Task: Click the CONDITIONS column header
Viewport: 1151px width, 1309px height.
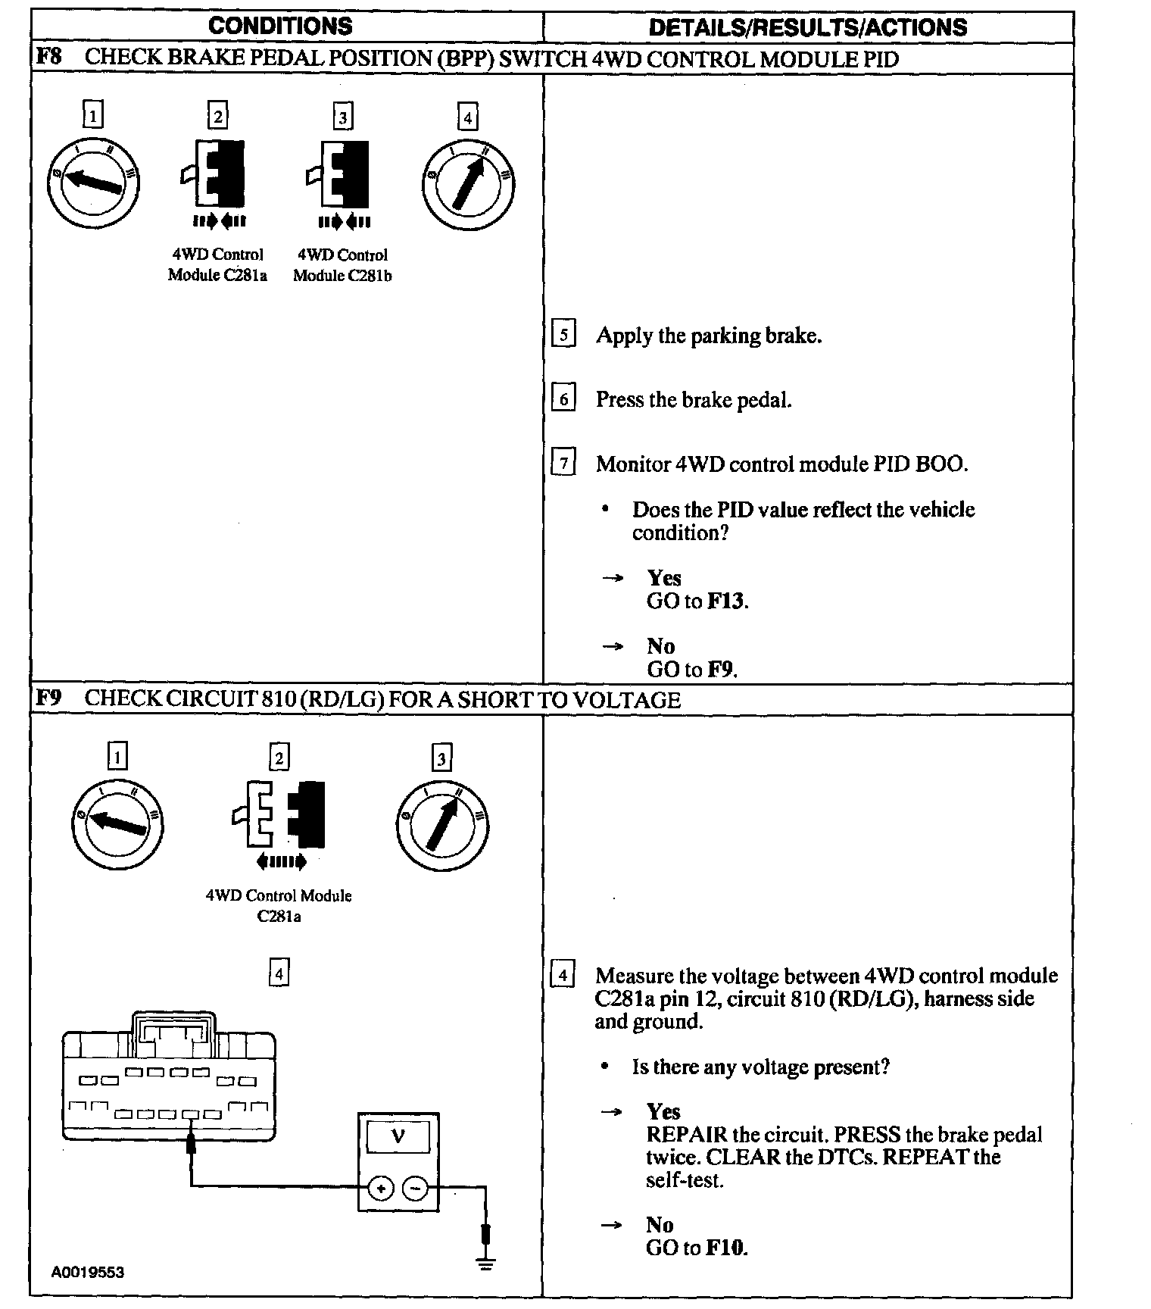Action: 280,27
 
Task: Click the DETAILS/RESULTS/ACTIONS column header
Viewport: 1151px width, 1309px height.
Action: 808,28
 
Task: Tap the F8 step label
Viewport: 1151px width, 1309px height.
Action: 48,58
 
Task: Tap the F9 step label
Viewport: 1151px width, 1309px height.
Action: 48,698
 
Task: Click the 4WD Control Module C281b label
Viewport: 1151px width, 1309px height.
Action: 342,265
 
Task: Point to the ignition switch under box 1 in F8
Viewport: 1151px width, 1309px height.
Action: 94,182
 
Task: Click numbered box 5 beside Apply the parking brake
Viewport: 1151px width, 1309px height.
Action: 563,335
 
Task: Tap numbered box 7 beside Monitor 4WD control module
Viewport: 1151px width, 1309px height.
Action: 563,463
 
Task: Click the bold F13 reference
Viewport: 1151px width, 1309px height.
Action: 727,601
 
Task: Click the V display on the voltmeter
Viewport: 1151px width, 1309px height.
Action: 398,1136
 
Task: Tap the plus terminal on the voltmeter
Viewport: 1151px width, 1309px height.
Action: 381,1189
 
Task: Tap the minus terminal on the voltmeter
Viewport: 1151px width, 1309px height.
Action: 415,1189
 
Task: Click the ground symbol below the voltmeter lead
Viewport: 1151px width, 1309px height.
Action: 485,1263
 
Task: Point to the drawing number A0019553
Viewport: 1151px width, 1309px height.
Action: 88,1272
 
